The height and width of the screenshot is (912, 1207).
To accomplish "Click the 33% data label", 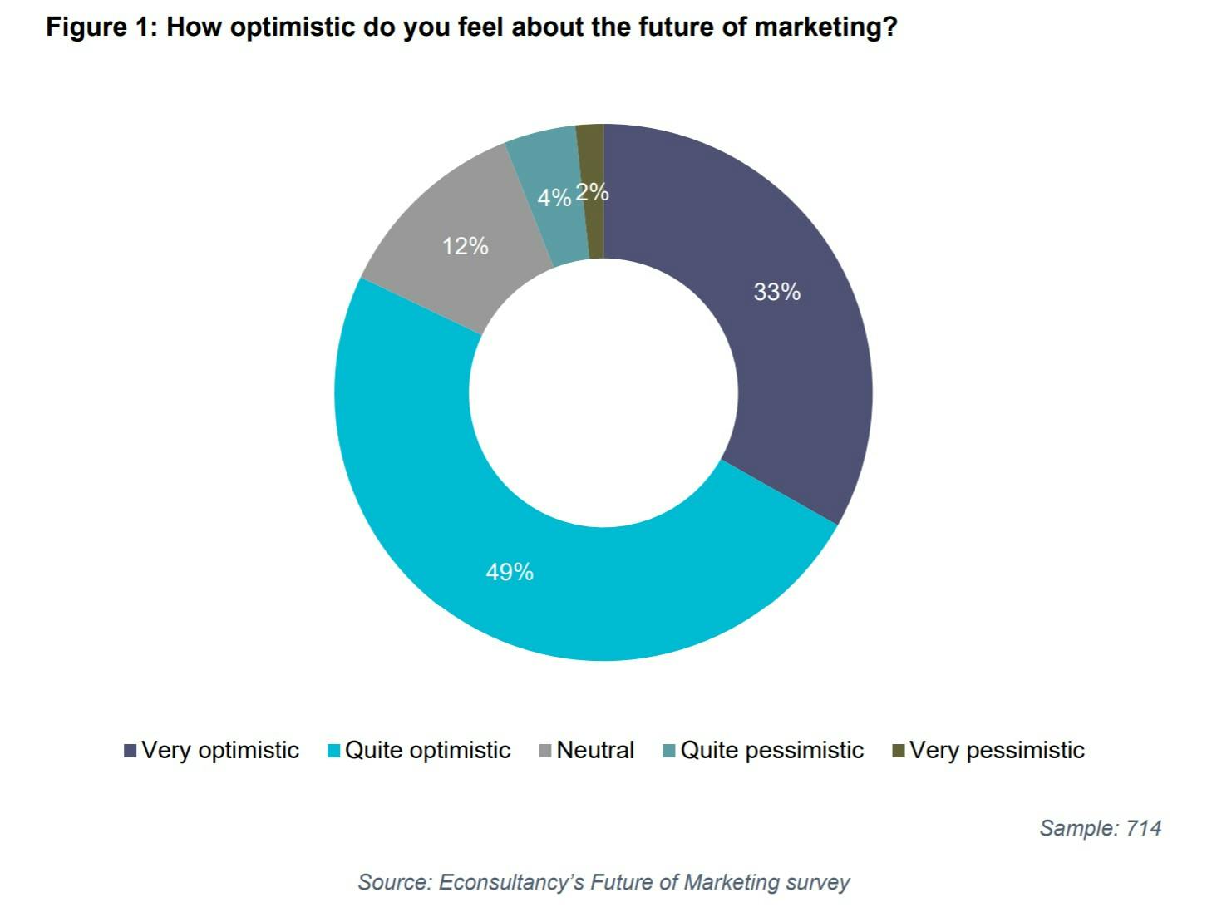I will pyautogui.click(x=776, y=292).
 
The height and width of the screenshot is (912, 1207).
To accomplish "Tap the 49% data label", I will pyautogui.click(x=510, y=572).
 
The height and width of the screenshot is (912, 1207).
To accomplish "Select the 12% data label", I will pyautogui.click(x=465, y=246).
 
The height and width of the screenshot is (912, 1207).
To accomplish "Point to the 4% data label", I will pyautogui.click(x=554, y=198).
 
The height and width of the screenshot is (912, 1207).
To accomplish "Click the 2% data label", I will pyautogui.click(x=592, y=193).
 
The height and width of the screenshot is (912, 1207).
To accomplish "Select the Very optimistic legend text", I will pyautogui.click(x=220, y=751).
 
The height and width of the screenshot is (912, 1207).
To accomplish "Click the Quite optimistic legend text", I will pyautogui.click(x=427, y=751).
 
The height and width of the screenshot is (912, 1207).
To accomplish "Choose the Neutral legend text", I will pyautogui.click(x=595, y=751).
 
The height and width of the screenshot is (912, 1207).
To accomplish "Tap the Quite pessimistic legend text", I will pyautogui.click(x=772, y=751).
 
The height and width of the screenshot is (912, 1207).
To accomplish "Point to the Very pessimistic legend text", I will pyautogui.click(x=997, y=751).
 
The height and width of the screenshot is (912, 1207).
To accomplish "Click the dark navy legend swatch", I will pyautogui.click(x=131, y=752).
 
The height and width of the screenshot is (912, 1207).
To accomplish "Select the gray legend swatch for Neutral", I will pyautogui.click(x=545, y=752).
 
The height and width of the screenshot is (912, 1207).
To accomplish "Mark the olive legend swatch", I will pyautogui.click(x=898, y=752).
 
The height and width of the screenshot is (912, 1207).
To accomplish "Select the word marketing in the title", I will pyautogui.click(x=825, y=27).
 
